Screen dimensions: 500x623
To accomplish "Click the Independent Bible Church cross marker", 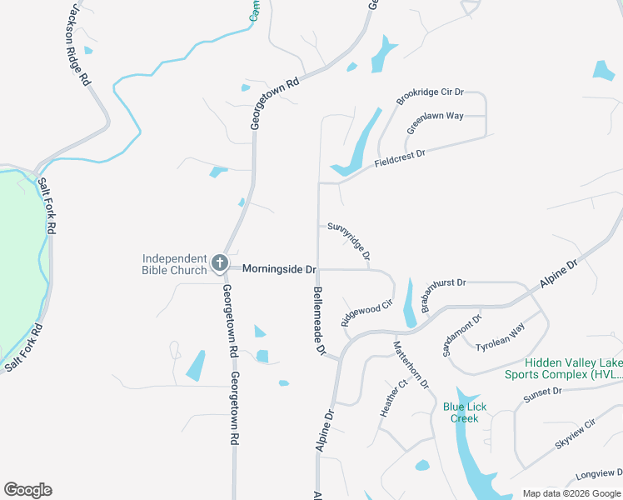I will click(220, 264).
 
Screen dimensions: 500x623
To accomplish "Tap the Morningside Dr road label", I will click(280, 270).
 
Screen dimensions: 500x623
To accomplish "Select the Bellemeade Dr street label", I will click(319, 321).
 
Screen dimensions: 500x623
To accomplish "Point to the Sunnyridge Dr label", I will click(349, 239).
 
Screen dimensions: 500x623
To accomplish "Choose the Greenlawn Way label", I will click(435, 123).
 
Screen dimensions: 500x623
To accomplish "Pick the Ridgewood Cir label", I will click(366, 313).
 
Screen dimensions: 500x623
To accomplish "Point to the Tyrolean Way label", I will click(500, 338).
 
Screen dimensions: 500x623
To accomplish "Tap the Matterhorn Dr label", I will click(411, 365).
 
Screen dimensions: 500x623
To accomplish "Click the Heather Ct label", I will click(393, 399).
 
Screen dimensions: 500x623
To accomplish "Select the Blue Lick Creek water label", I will click(466, 412).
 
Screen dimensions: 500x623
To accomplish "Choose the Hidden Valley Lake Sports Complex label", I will click(573, 369).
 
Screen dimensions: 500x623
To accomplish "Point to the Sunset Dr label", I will click(543, 396).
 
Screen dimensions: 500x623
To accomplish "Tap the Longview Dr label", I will click(598, 474).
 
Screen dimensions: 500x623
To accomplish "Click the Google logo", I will click(27, 490).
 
